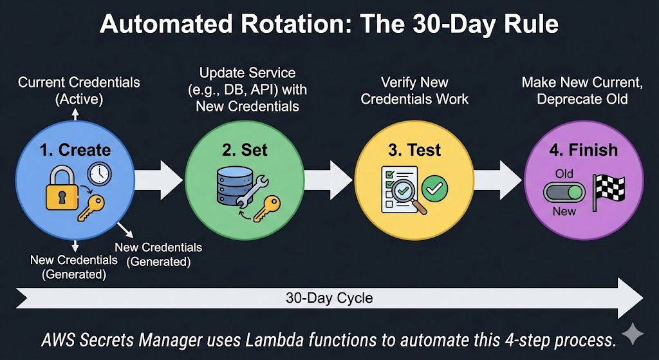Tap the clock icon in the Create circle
(x=100, y=173)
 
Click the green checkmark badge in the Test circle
(x=435, y=188)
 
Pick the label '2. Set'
(x=245, y=150)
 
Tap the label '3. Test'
(x=414, y=150)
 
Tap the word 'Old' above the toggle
(x=564, y=173)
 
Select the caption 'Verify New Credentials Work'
(x=414, y=91)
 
